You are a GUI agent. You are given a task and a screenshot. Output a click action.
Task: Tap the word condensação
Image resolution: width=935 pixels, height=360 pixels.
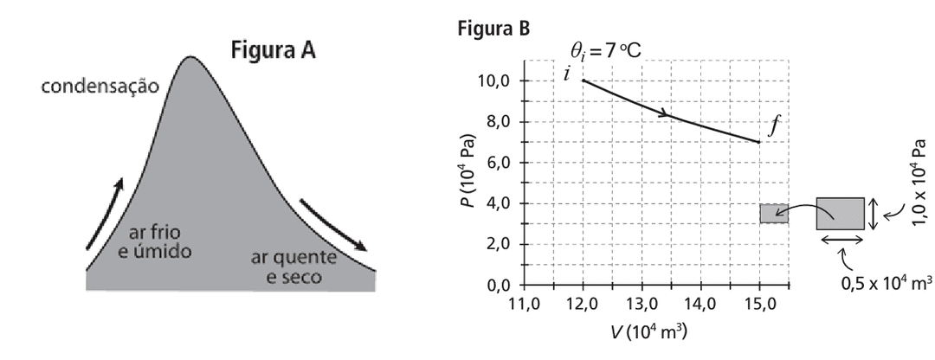[102, 88]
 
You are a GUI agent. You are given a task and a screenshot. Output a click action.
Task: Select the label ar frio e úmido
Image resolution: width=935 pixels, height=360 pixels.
[159, 241]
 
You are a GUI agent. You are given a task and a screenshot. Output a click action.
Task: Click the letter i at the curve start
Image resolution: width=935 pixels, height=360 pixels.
[567, 74]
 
